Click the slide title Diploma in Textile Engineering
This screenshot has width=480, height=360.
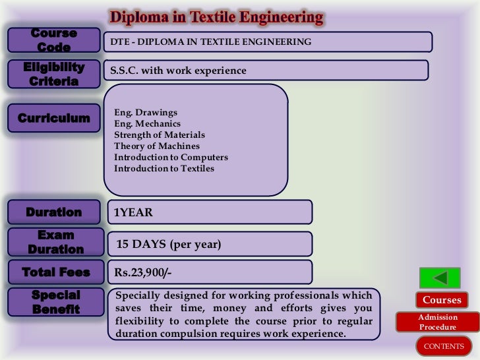tap(216, 17)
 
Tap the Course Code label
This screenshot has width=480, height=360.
tap(53, 40)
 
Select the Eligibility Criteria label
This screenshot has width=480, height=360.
tap(53, 75)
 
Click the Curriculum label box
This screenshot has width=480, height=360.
tap(53, 119)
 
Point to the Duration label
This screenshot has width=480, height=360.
tap(53, 212)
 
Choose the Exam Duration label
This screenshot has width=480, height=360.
tap(55, 242)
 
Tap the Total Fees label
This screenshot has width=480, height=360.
tap(55, 272)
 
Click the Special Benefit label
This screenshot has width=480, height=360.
tap(55, 302)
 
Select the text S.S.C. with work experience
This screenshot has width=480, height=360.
tap(178, 71)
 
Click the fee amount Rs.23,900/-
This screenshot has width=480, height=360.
tap(143, 272)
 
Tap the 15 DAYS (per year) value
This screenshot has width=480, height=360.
tap(168, 244)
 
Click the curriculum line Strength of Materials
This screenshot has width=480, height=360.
tap(160, 135)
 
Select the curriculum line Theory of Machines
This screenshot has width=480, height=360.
tap(156, 146)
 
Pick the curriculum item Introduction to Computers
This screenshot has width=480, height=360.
tap(171, 158)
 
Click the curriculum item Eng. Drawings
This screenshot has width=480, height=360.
tap(146, 113)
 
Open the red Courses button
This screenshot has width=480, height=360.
tap(442, 300)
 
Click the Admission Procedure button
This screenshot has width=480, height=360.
tap(438, 322)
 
